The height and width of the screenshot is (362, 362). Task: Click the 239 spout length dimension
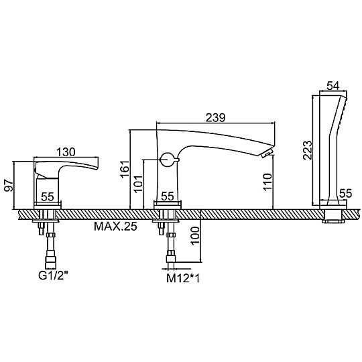click(x=215, y=118)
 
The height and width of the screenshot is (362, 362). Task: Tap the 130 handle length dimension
click(x=66, y=152)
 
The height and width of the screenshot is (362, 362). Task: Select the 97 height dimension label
click(x=9, y=186)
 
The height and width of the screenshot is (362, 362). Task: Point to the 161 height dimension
click(x=125, y=169)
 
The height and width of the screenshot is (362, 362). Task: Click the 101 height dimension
click(x=139, y=184)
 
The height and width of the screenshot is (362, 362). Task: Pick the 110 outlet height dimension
click(x=267, y=182)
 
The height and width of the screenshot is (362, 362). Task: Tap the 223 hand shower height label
click(x=307, y=150)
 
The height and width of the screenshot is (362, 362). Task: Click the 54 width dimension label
click(x=333, y=86)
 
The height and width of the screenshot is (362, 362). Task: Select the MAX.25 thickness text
click(x=115, y=227)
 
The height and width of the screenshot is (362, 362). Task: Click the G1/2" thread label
click(x=53, y=276)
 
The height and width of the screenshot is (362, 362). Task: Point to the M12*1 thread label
click(x=183, y=279)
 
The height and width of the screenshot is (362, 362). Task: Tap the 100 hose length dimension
click(x=195, y=235)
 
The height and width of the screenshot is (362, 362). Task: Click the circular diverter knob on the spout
click(x=168, y=160)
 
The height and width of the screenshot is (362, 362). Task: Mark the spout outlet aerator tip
click(x=267, y=154)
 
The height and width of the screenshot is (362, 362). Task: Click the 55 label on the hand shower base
click(x=345, y=194)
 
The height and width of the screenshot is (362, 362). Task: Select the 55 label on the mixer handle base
click(x=48, y=196)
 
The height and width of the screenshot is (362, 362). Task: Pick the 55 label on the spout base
click(x=168, y=196)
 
